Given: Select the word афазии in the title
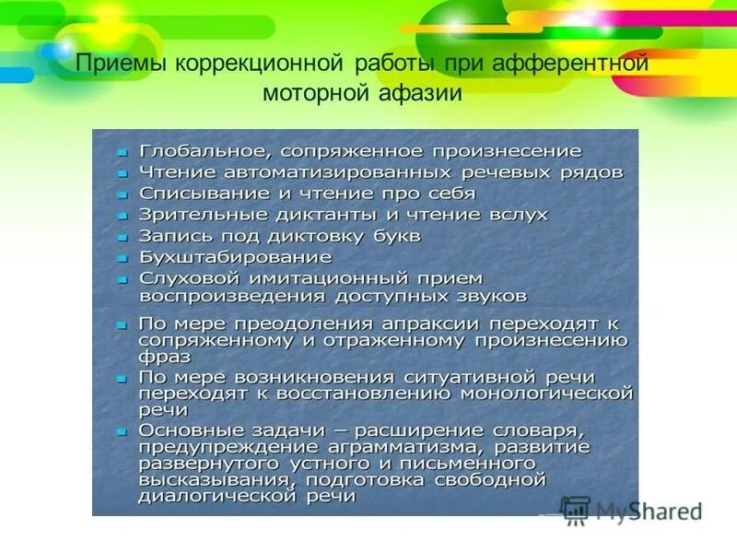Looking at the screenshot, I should click(x=422, y=94).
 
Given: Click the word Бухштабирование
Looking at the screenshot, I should click(x=236, y=257).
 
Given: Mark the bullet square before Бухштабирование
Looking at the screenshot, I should click(x=122, y=258).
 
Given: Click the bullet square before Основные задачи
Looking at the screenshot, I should click(x=122, y=431).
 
